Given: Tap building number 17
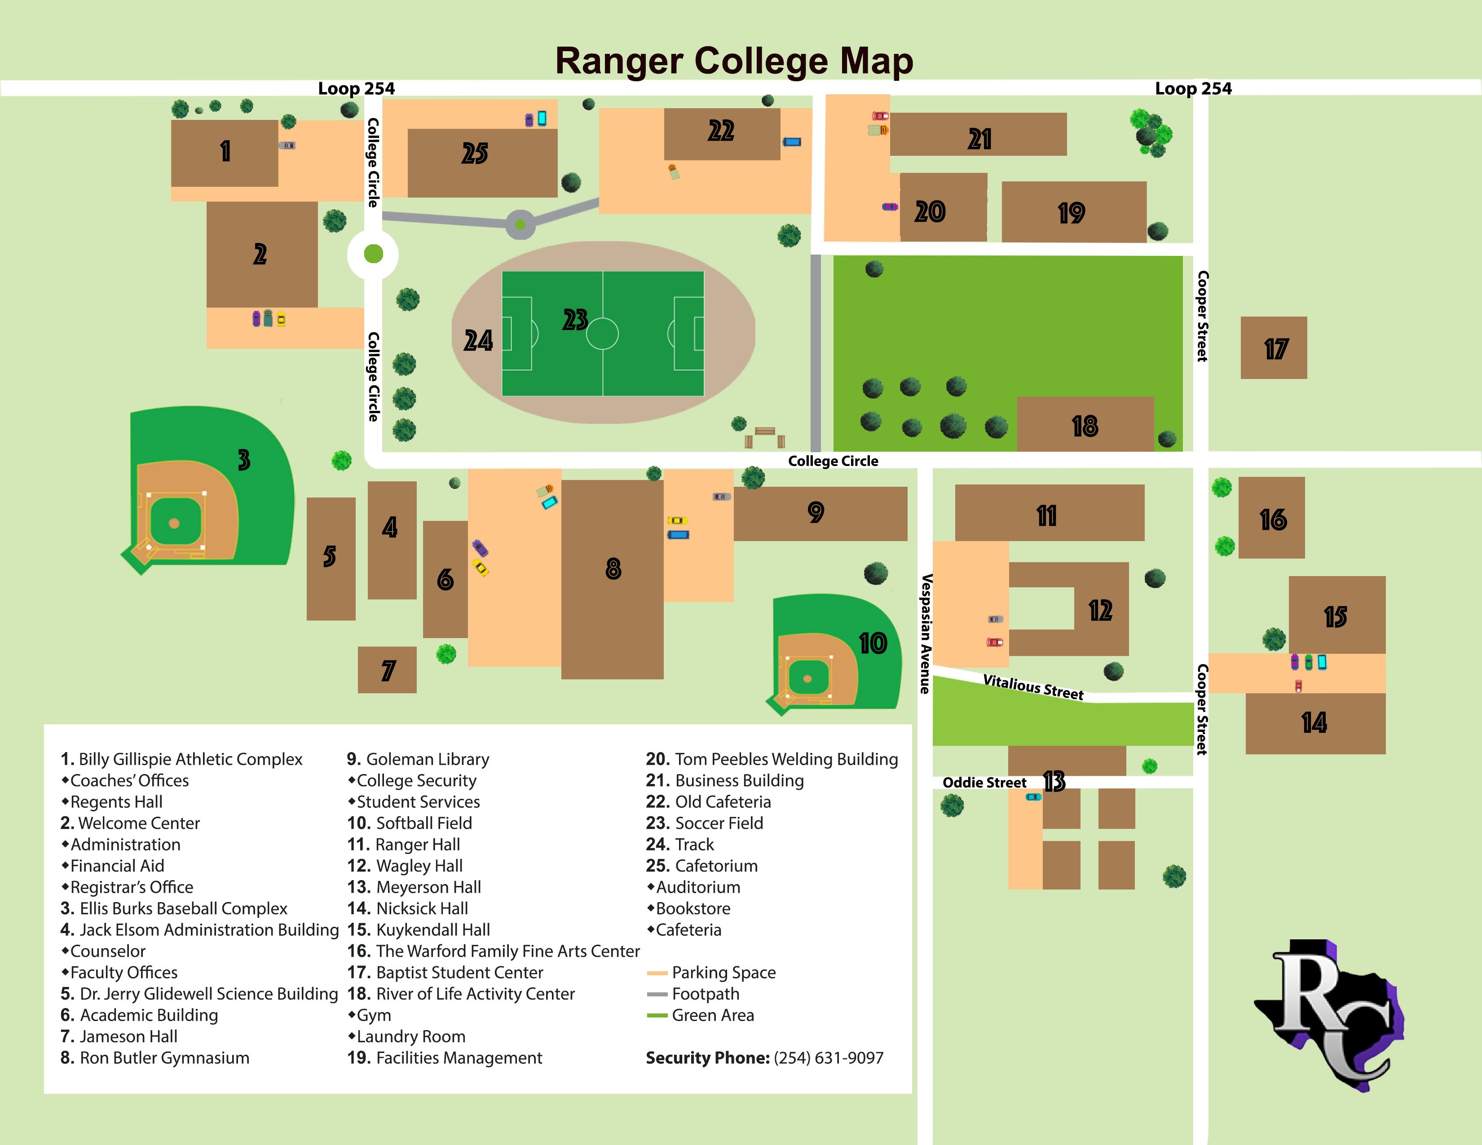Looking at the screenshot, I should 1274,348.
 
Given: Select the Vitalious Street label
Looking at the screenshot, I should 1033,687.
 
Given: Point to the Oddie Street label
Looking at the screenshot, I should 984,782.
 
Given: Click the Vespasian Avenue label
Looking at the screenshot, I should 926,634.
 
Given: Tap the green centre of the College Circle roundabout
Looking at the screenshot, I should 373,254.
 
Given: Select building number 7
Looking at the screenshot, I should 388,670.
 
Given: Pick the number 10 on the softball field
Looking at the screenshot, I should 873,643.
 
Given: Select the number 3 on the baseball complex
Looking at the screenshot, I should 243,460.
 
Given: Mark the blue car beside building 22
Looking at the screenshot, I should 792,142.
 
